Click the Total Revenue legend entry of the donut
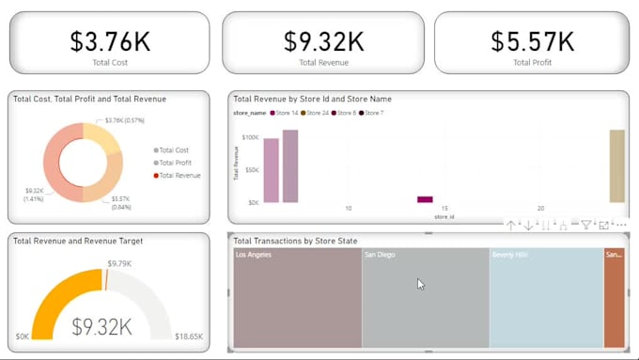tap(179, 176)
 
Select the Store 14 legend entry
tap(285, 113)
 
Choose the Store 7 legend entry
tap(373, 113)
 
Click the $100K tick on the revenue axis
tap(249, 137)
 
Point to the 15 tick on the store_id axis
tap(444, 208)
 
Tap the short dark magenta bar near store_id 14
tap(425, 199)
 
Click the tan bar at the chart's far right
tap(616, 166)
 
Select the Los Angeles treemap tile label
tap(254, 255)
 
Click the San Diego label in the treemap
tap(381, 255)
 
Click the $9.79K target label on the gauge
tap(119, 263)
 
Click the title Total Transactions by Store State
tap(295, 241)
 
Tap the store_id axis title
tap(444, 217)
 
